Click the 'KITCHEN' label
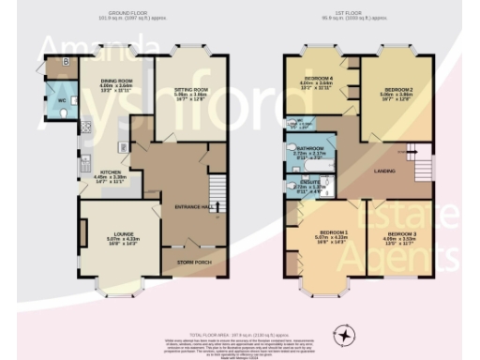[x=104, y=172]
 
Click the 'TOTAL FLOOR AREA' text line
[x=240, y=308]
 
